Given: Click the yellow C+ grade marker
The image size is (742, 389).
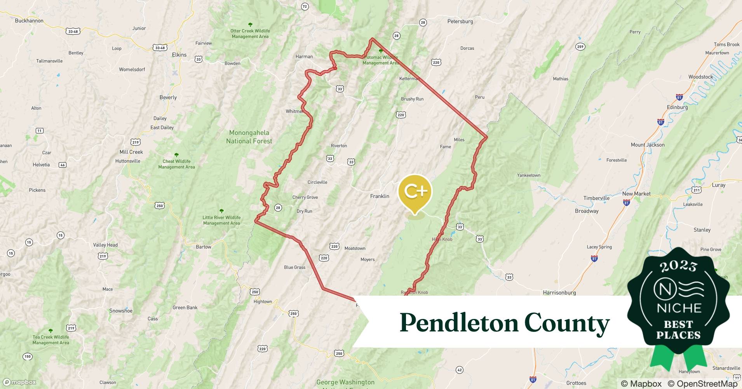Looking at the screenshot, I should coord(415,192).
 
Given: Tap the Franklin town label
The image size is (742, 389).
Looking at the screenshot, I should coord(380,196).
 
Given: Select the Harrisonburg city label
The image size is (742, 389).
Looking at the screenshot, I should coord(559,293).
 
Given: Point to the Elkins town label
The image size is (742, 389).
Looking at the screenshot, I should coord(179,55).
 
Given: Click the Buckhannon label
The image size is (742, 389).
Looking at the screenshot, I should coord(29,21).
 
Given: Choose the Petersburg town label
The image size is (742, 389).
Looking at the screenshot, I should coord(460,21).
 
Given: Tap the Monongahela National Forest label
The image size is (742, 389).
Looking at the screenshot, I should coord(249,137).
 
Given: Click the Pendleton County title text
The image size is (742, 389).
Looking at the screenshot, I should coord(505,323).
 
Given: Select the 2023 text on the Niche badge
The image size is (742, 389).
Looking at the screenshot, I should coord(678,266).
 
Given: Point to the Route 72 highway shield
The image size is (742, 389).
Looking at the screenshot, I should coord(305,6).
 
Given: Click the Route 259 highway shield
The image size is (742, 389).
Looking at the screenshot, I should coord(580,47).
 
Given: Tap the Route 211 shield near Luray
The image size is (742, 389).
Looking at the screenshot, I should coord(697,190).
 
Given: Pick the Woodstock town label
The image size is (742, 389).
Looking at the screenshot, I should coord(700,77).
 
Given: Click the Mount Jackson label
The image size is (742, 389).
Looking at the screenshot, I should coord(647,145).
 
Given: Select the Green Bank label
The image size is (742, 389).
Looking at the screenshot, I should coord(185,307).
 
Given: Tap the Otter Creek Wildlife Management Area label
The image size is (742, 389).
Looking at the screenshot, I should coord(250,33).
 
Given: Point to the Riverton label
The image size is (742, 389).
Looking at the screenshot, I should coord(339,146).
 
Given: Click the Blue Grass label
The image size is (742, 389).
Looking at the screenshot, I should coord(294,267).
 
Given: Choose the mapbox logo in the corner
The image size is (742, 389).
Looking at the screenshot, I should coord(20,382).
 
